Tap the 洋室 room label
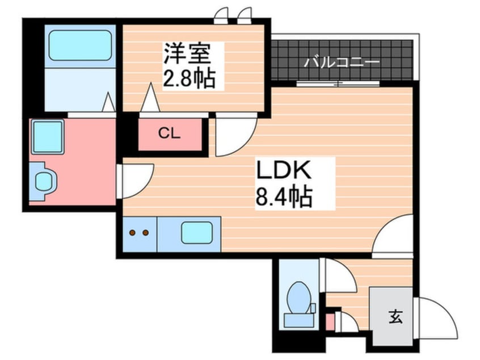pos(187,56)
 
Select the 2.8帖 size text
pos(190,78)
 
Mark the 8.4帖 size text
pos(284,196)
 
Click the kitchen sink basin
pos(196,233)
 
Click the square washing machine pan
pos(47,137)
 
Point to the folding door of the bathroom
pos(108,103)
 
